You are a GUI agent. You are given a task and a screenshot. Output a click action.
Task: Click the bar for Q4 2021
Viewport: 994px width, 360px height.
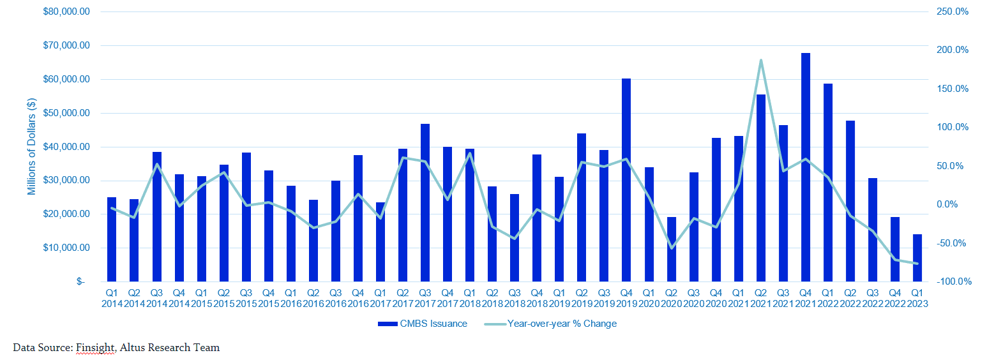(806, 167)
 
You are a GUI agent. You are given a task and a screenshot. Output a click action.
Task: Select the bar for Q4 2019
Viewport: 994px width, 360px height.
(626, 179)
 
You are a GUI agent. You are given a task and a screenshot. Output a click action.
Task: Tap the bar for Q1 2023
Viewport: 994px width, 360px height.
(917, 257)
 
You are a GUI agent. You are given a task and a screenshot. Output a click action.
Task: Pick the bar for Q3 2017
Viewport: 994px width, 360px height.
(425, 202)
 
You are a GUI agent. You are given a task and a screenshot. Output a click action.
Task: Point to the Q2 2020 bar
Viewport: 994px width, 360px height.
(672, 248)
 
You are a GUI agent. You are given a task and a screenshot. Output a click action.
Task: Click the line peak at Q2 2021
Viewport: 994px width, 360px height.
(761, 61)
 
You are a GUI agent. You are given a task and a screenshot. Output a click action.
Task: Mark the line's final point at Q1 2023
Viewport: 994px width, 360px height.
(917, 264)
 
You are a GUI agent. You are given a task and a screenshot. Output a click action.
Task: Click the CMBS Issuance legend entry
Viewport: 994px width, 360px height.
(422, 324)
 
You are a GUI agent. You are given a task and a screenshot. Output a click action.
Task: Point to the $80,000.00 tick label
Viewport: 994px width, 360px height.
(66, 12)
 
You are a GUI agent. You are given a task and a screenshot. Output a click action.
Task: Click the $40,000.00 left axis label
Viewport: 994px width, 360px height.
(66, 147)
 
